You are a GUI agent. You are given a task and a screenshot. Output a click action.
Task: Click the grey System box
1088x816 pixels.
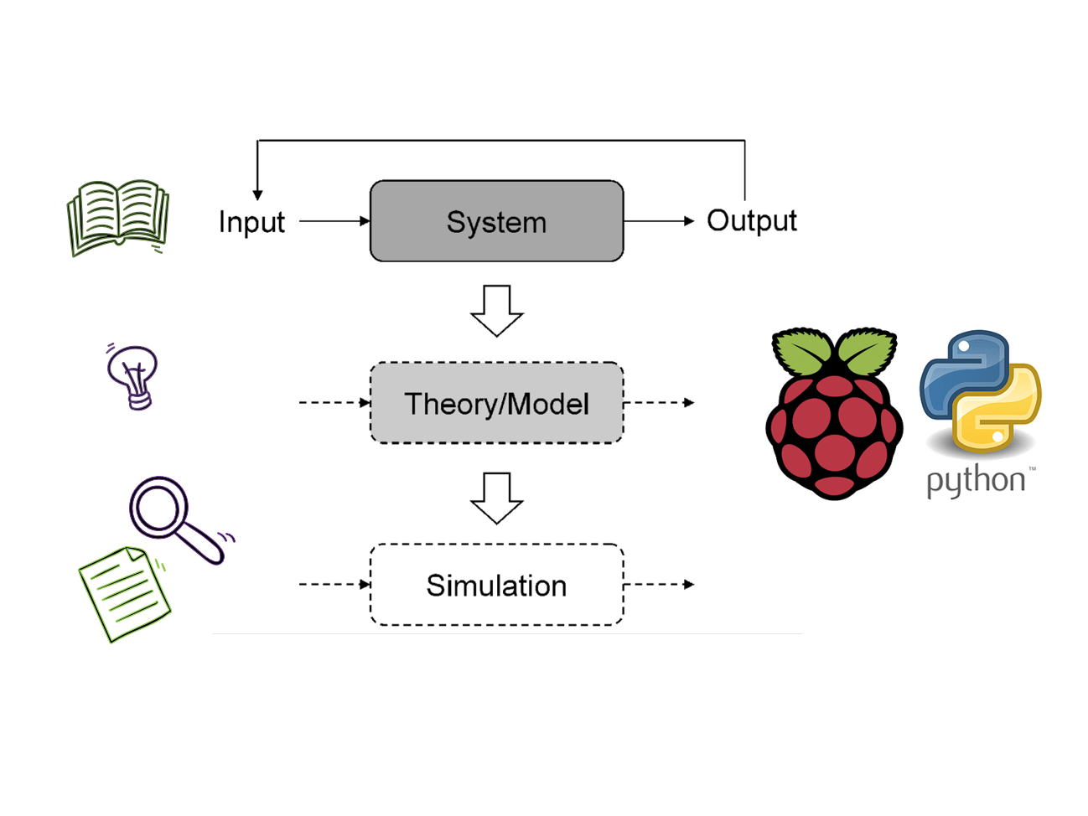(496, 221)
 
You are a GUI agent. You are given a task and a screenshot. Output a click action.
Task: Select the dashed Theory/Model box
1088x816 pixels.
(496, 403)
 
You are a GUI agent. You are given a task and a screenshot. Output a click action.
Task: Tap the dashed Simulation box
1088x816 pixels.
(496, 585)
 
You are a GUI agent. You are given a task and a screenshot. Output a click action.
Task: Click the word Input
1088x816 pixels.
(251, 222)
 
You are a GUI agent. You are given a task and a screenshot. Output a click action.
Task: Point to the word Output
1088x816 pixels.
(751, 221)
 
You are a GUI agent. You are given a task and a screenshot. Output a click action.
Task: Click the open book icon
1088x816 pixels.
(118, 216)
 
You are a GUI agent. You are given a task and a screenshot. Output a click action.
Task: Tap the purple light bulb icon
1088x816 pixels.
(133, 376)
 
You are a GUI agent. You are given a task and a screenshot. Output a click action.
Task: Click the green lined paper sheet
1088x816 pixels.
(125, 593)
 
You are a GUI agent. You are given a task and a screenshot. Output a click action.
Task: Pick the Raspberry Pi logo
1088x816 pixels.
(834, 415)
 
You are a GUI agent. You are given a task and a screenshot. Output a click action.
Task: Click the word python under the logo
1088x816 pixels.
(976, 482)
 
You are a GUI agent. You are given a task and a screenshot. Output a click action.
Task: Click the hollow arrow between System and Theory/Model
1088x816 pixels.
(497, 311)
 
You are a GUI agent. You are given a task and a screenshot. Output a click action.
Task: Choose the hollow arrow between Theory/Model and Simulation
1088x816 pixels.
(497, 498)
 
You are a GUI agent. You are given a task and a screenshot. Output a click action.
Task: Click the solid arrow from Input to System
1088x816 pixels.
(334, 221)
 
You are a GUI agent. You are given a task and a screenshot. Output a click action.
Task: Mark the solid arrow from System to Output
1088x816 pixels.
(659, 221)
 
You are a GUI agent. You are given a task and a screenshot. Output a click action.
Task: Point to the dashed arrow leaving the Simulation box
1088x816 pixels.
(659, 584)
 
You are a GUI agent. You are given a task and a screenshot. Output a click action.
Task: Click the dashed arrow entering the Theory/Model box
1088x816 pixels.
(334, 403)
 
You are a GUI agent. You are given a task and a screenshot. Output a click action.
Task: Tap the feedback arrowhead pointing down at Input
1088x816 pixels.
(257, 194)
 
